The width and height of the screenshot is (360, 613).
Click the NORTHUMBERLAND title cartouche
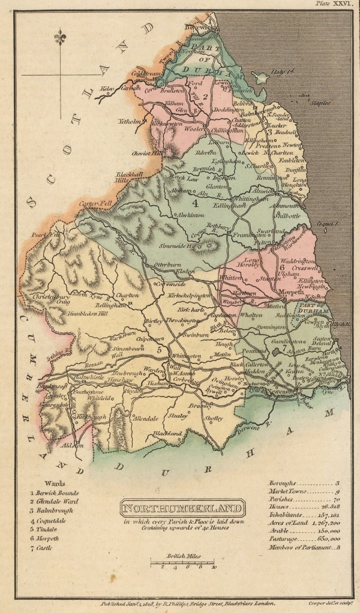tap(183, 509)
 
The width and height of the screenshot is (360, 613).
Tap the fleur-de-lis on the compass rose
tap(59, 38)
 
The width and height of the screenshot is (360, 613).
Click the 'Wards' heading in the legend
tap(55, 483)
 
